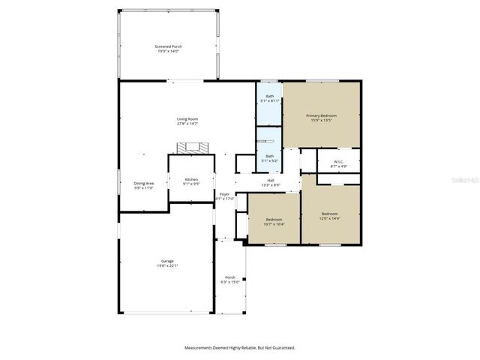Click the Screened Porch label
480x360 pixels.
pos(168,46)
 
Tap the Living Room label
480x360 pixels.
pos(187,119)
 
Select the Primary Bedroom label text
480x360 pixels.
pos(321,115)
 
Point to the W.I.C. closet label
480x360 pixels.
pos(338,161)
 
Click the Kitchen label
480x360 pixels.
pos(191,179)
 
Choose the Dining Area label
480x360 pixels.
pos(144,184)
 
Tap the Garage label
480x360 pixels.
pos(167,261)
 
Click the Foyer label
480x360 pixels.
pos(224,194)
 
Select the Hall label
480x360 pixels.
pos(270,180)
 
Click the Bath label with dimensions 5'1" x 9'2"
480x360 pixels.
pos(269,156)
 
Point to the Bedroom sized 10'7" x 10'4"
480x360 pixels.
pos(273,220)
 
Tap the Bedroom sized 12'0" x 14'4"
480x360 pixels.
pos(330,214)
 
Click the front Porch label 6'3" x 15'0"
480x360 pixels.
pos(230,277)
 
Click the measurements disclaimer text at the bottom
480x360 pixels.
pos(240,347)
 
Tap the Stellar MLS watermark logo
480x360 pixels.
pos(460,181)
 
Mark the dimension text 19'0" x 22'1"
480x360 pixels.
pos(167,265)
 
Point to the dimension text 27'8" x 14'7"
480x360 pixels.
pos(187,124)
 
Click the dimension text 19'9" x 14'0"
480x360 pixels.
pos(168,51)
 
